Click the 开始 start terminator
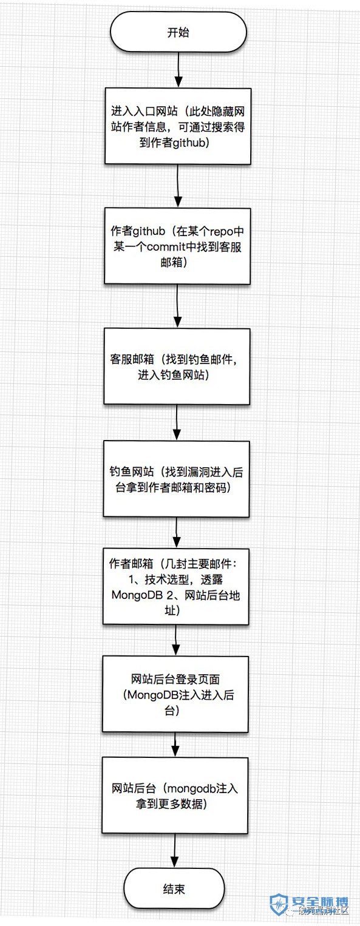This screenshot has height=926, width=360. [178, 32]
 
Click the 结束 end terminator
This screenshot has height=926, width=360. [174, 888]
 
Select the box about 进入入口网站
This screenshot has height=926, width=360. [178, 126]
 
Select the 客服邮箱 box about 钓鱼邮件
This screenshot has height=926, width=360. [177, 367]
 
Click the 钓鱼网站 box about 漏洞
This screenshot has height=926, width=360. [176, 479]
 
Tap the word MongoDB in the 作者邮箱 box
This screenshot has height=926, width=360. [137, 595]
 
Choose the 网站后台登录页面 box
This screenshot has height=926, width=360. [175, 694]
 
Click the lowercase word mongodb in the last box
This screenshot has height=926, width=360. [191, 789]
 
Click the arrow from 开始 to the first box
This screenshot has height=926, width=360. [178, 70]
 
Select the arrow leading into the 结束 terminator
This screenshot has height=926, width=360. [175, 851]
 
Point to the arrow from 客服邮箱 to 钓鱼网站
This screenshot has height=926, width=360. [177, 422]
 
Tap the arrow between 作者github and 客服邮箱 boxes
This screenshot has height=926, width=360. [177, 306]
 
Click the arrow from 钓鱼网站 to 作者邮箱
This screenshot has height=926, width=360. [177, 533]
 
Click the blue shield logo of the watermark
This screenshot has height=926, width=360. [279, 905]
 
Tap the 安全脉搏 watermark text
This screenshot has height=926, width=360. [320, 902]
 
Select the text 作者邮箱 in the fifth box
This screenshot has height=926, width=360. [131, 564]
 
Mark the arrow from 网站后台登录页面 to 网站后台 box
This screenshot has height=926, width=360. [175, 745]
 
